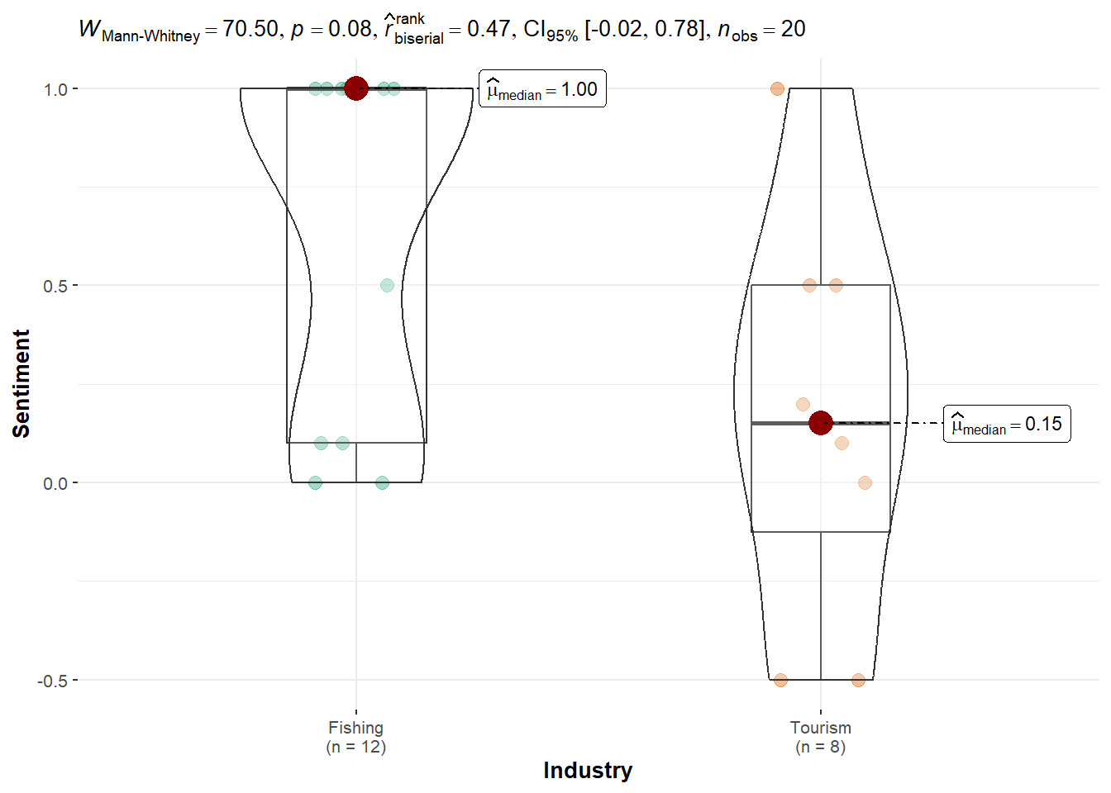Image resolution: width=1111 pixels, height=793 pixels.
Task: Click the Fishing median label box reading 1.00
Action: coord(542,89)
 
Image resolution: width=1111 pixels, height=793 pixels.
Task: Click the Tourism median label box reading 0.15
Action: coord(1006,424)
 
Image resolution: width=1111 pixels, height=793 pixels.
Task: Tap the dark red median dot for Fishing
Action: coord(356,88)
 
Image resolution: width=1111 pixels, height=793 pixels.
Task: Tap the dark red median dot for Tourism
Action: coord(820,423)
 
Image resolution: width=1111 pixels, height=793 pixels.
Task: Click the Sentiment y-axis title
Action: coord(21,383)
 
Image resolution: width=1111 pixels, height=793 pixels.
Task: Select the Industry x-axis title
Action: coord(588,770)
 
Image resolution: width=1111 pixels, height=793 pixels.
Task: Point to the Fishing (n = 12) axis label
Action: coord(356,737)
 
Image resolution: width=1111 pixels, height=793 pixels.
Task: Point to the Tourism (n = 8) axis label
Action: coord(820,737)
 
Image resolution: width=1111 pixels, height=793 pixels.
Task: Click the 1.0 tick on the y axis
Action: coord(55,89)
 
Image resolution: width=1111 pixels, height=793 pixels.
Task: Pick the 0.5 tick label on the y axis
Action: coord(55,286)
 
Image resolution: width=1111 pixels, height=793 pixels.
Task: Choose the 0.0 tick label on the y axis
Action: coord(55,483)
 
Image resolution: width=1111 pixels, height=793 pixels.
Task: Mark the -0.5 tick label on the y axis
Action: coord(52,681)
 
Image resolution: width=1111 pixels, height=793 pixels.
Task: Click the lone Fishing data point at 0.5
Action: coord(387,285)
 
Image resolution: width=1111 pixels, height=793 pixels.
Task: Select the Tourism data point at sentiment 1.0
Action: coord(777,88)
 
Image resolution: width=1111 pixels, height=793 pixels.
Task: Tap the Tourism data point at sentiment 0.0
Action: coord(865,482)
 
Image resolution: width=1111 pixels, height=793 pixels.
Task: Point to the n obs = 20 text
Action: coord(761,30)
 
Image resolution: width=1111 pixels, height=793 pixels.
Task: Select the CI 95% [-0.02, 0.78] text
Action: coord(616,30)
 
